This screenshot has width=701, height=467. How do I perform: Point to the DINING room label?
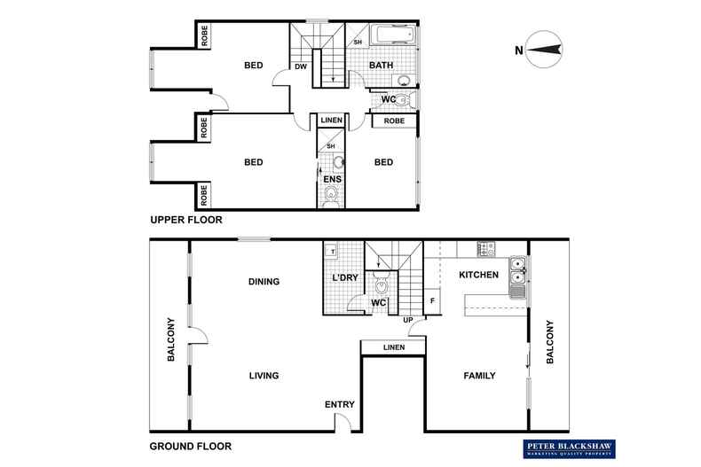click(264, 282)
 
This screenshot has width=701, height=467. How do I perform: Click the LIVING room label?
click(264, 376)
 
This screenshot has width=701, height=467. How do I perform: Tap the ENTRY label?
click(339, 405)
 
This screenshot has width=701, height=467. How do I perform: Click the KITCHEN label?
click(479, 276)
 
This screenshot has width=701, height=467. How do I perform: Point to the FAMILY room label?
click(479, 376)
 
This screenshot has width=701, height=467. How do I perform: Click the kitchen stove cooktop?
click(485, 247)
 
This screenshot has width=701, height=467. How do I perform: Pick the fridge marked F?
click(432, 300)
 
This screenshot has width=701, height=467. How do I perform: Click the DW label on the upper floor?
click(301, 65)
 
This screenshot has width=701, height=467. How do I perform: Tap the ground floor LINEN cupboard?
click(393, 347)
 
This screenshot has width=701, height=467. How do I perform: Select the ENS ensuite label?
click(332, 179)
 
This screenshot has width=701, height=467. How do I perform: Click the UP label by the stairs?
click(409, 320)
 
